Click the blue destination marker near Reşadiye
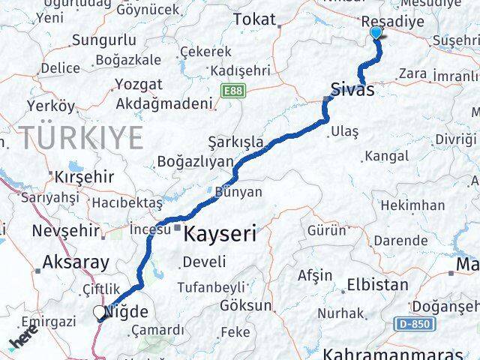click(376, 33)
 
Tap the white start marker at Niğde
click(100, 313)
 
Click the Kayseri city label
click(221, 232)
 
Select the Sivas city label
click(352, 89)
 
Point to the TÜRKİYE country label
click(81, 138)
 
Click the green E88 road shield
click(233, 90)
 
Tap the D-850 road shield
click(412, 323)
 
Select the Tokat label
click(255, 19)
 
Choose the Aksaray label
click(76, 262)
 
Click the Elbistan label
click(377, 285)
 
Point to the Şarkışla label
click(236, 142)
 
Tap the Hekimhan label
click(412, 205)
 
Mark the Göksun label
click(246, 305)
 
